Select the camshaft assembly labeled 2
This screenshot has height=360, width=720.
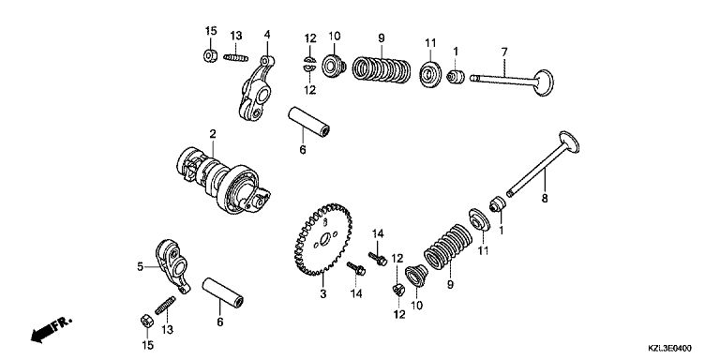(x=223, y=181)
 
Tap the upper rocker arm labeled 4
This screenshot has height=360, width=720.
(x=255, y=89)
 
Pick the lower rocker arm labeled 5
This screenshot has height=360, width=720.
(x=172, y=265)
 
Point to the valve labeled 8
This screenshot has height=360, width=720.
(x=542, y=164)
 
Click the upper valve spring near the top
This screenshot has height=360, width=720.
(x=382, y=68)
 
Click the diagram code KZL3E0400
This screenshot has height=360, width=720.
(x=670, y=349)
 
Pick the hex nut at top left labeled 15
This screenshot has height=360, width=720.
(x=210, y=56)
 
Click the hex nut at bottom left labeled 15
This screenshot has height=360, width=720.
(x=146, y=322)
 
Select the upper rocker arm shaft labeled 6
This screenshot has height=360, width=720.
(x=309, y=122)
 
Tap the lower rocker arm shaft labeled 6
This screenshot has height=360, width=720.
(x=223, y=292)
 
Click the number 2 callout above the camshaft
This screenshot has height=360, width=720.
(x=213, y=134)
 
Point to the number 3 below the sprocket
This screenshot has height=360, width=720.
(x=323, y=293)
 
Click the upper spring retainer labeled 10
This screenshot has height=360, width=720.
(x=334, y=67)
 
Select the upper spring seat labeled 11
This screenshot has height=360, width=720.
(x=430, y=73)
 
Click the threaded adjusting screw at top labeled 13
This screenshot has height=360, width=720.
(x=236, y=58)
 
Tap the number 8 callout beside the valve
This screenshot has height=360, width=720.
(x=545, y=199)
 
